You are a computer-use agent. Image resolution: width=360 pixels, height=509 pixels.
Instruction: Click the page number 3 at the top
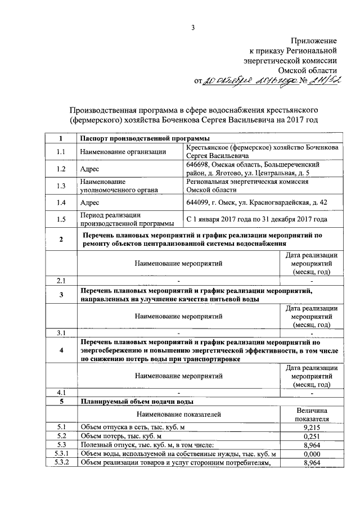(192, 27)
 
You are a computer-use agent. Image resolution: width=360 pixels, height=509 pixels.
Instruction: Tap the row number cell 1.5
(61, 219)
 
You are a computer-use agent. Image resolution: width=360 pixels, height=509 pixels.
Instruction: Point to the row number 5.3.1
(61, 454)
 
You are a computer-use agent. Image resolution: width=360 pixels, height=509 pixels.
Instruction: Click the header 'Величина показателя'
(311, 415)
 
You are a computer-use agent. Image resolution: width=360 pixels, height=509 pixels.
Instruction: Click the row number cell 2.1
(61, 280)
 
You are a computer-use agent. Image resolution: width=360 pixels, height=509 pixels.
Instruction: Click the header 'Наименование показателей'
(178, 415)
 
